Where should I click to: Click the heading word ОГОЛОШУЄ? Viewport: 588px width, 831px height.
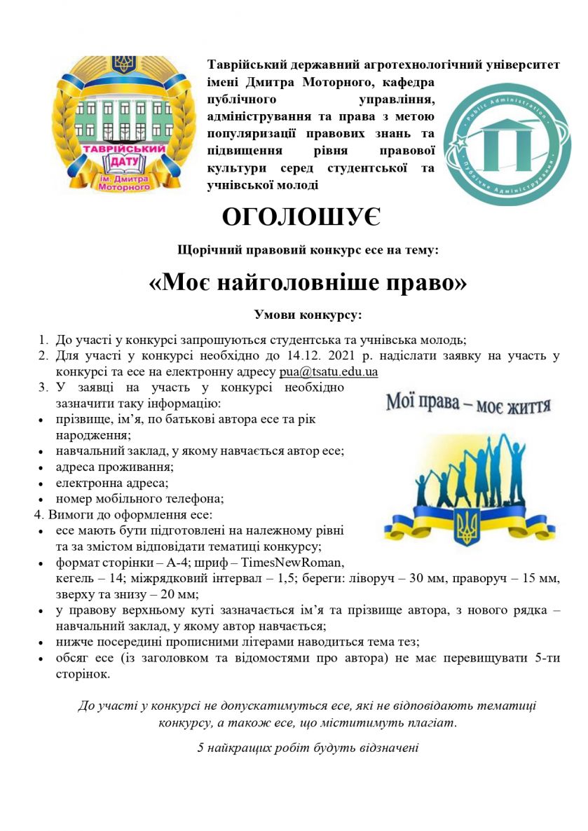pyautogui.click(x=301, y=217)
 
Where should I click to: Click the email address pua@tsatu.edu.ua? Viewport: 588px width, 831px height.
pyautogui.click(x=328, y=372)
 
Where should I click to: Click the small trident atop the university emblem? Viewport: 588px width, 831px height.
pyautogui.click(x=124, y=65)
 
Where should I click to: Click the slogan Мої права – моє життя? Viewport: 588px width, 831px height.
pyautogui.click(x=468, y=406)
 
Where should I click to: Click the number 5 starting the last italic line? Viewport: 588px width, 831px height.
pyautogui.click(x=201, y=748)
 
